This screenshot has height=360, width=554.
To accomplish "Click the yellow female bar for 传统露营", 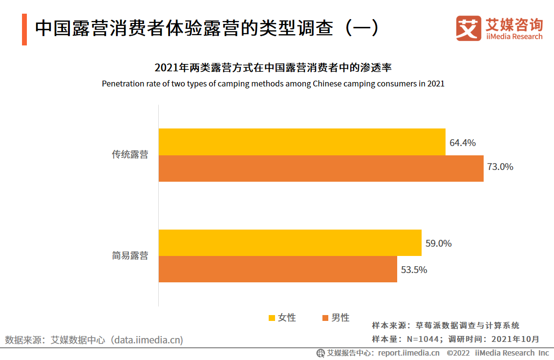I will tap(302, 142).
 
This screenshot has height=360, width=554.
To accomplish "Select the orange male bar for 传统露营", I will tap(321, 169).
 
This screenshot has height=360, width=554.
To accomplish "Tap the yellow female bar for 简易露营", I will tap(290, 242).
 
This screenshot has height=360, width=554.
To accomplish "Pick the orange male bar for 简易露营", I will tap(278, 269).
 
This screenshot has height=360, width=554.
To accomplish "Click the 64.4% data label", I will tap(463, 143).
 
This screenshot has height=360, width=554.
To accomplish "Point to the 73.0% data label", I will tap(500, 167).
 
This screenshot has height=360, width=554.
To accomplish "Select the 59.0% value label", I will tap(438, 244).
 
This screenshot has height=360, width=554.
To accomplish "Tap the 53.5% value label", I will tap(414, 270).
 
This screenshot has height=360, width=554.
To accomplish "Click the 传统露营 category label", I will tap(130, 155).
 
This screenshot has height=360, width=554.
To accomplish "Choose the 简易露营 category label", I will tap(130, 255).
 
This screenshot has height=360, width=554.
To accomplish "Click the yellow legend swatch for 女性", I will tap(272, 318).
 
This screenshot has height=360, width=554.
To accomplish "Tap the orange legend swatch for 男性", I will tap(325, 318).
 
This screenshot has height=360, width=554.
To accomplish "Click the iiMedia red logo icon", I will tap(468, 28).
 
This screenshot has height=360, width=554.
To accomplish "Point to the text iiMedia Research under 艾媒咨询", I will tap(514, 37).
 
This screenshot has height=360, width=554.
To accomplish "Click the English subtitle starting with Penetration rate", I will tap(273, 84).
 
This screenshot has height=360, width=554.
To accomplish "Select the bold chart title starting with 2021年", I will tap(273, 67).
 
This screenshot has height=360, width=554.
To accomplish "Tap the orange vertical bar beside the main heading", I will tap(24, 30).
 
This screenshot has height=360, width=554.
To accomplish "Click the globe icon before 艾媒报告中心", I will tap(321, 353).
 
